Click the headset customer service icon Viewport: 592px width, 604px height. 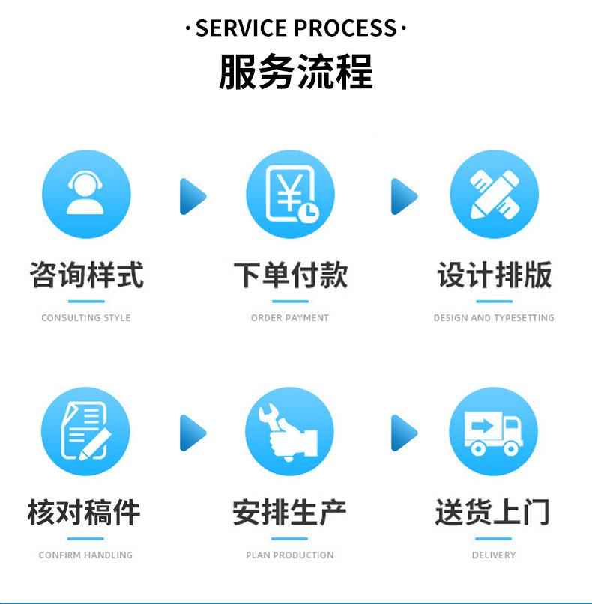pyautogui.click(x=86, y=194)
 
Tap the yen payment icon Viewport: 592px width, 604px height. pyautogui.click(x=290, y=194)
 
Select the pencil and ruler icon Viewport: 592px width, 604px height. pyautogui.click(x=494, y=194)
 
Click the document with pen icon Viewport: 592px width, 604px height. pyautogui.click(x=85, y=432)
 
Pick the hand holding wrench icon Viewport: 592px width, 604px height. pyautogui.click(x=289, y=432)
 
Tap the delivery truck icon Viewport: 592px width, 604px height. pyautogui.click(x=493, y=432)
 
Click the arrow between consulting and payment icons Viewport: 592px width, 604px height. pyautogui.click(x=192, y=197)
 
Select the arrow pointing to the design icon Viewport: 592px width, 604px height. pyautogui.click(x=403, y=197)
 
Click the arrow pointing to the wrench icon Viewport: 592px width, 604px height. pyautogui.click(x=192, y=433)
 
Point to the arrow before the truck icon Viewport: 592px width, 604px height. pyautogui.click(x=403, y=433)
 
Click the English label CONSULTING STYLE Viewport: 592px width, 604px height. pyautogui.click(x=86, y=318)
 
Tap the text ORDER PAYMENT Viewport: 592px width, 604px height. pyautogui.click(x=290, y=318)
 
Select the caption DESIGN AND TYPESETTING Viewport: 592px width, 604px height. pyautogui.click(x=494, y=318)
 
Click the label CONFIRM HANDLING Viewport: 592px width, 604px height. pyautogui.click(x=85, y=555)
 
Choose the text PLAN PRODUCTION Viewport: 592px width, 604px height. pyautogui.click(x=290, y=555)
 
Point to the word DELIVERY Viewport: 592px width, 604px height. pyautogui.click(x=494, y=555)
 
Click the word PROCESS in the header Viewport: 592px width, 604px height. pyautogui.click(x=345, y=29)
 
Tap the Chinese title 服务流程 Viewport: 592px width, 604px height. pyautogui.click(x=296, y=73)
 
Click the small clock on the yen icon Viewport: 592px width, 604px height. pyautogui.click(x=307, y=213)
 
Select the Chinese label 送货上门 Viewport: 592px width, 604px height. pyautogui.click(x=493, y=513)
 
